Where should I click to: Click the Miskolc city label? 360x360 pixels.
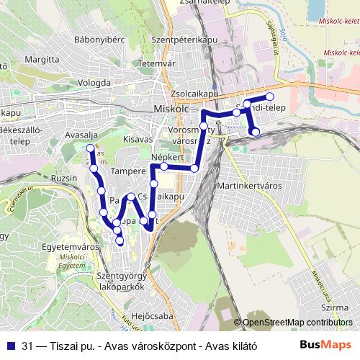point(170,108)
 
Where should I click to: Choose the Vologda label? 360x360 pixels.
point(94,82)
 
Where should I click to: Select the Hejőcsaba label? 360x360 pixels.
point(156,315)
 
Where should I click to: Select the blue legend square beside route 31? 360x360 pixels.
point(9,345)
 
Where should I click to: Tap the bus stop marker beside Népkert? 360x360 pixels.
point(164,166)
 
